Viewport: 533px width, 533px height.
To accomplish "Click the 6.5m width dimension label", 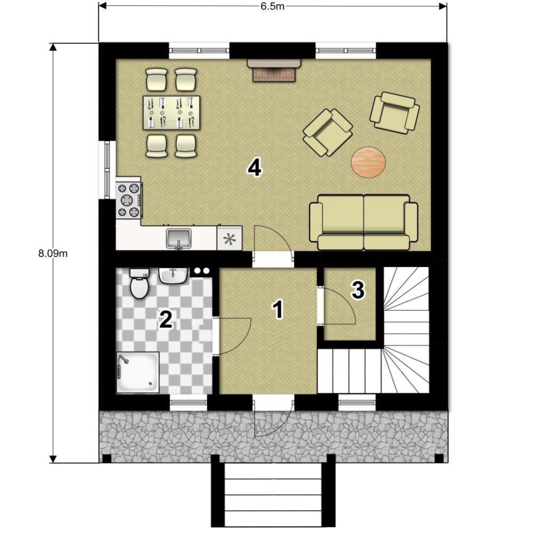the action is coord(272,6).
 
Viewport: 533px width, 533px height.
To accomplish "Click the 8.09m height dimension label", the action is coord(53,253).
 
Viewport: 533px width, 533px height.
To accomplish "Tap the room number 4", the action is coord(255,168).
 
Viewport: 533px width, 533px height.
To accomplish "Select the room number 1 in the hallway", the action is coord(278,310).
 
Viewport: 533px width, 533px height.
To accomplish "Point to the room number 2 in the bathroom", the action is coord(166,319).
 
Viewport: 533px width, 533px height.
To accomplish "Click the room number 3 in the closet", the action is coord(358,290).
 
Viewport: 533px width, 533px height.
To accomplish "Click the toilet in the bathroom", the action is coord(139,283).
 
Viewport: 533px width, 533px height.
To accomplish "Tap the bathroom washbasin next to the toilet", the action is coord(173,276).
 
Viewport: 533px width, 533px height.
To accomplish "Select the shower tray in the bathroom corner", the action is coord(138,373).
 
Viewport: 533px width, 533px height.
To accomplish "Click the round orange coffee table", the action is coord(368,162).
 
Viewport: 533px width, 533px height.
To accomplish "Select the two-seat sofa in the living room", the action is coord(364,222).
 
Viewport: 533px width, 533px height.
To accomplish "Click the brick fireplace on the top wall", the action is coord(273,70).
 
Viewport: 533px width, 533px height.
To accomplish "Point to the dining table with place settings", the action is coord(171,112).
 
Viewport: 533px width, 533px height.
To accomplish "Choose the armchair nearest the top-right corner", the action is coord(394,112).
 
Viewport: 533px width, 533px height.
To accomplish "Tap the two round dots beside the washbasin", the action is coord(202,271).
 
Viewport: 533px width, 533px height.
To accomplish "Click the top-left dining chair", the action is coord(156,79).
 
